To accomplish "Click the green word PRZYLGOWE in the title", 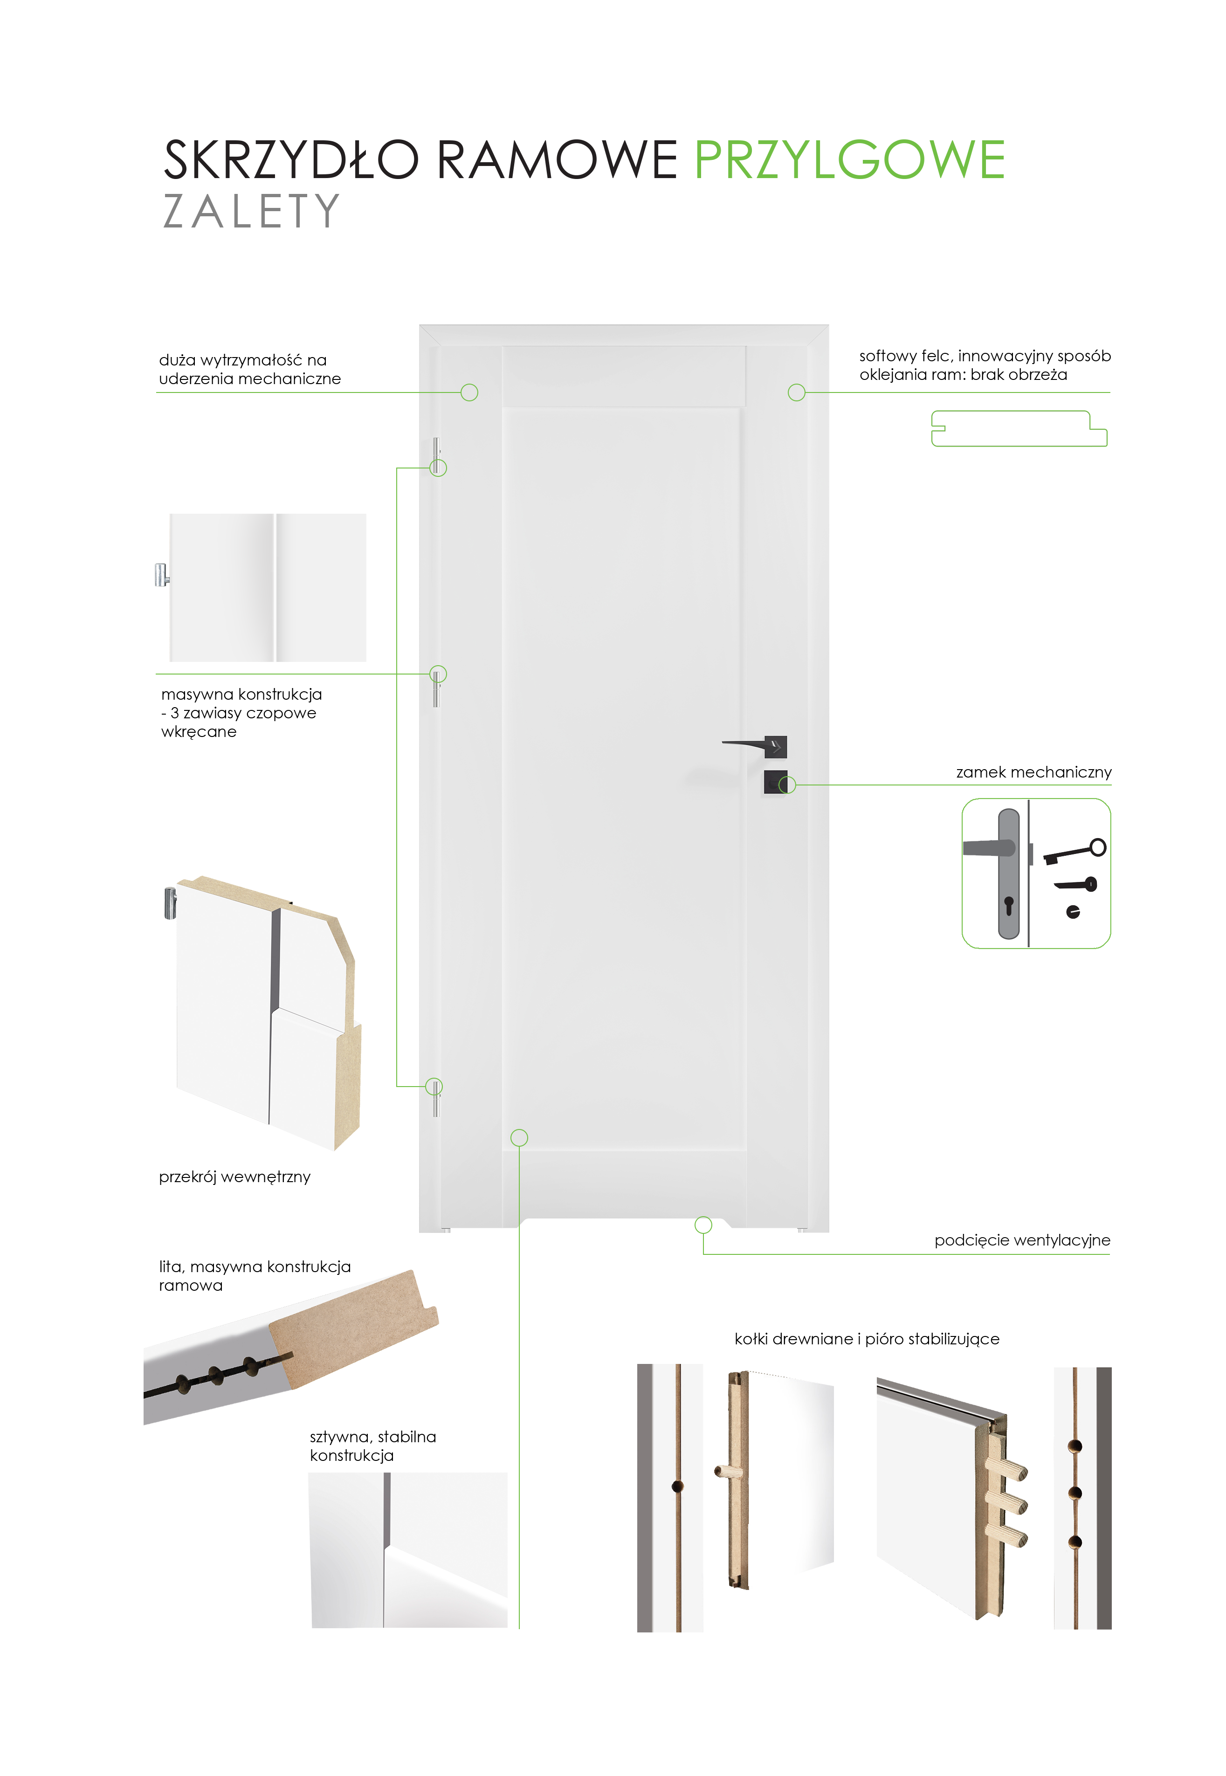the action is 850,160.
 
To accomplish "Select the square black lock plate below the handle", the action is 775,782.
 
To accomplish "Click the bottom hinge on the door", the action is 435,1097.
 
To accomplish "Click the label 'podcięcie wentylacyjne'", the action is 1022,1240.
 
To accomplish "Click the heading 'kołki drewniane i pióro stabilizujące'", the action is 867,1339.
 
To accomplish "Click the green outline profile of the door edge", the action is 1019,429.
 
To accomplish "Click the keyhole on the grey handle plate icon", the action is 1009,905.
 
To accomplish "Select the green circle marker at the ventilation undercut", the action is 703,1225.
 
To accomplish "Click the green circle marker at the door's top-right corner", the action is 797,392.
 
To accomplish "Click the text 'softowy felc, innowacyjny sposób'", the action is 985,356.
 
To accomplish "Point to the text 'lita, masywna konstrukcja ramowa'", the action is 254,1275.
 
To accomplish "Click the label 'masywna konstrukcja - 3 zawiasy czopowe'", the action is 241,703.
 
